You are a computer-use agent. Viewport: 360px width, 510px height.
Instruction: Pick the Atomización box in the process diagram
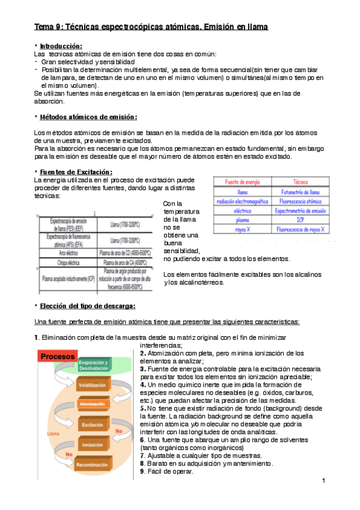point(92,404)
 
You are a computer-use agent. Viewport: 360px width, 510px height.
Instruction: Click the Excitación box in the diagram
point(92,425)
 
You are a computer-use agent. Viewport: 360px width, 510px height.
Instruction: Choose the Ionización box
point(92,444)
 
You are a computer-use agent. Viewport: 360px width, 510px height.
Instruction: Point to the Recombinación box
point(93,465)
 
